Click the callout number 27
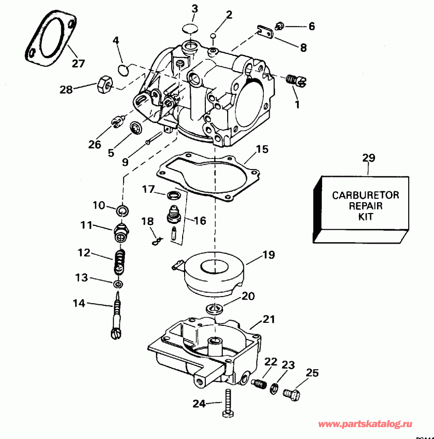click(x=78, y=63)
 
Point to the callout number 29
click(x=369, y=158)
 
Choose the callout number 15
click(x=262, y=149)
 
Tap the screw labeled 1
click(x=296, y=80)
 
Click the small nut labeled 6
click(x=280, y=25)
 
